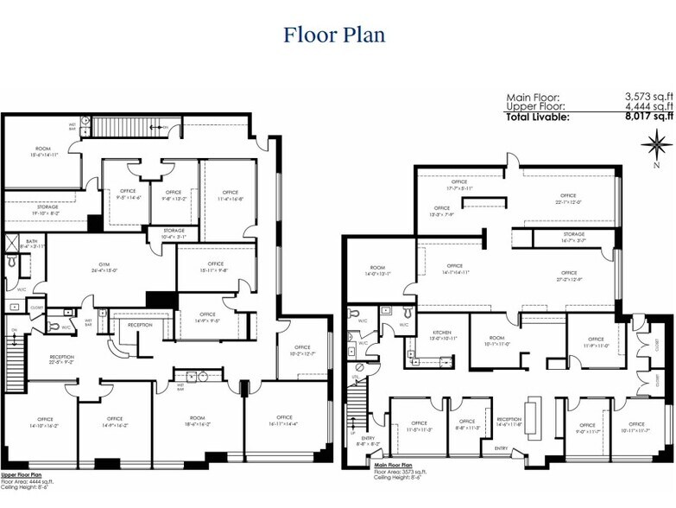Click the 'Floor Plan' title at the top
(x=334, y=35)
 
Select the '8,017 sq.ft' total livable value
(x=648, y=116)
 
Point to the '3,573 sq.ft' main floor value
(x=648, y=97)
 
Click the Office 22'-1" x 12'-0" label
(x=567, y=199)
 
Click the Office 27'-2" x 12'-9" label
(x=567, y=276)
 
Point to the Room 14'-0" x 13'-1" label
(x=377, y=271)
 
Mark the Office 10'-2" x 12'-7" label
(x=302, y=351)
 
